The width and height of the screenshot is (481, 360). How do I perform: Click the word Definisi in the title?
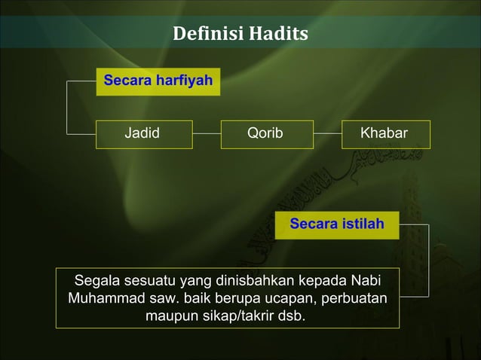coord(202,35)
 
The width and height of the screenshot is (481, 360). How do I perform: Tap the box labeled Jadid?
coord(142,134)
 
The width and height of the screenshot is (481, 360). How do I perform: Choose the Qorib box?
coord(265,134)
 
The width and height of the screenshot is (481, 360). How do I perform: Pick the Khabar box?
coord(384,134)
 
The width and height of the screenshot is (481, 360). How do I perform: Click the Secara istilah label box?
coord(336,224)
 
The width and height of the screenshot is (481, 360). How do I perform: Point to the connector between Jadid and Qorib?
coord(206,134)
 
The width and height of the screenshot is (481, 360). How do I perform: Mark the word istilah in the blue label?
coord(360,224)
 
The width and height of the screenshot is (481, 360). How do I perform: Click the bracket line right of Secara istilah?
coord(429,260)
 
